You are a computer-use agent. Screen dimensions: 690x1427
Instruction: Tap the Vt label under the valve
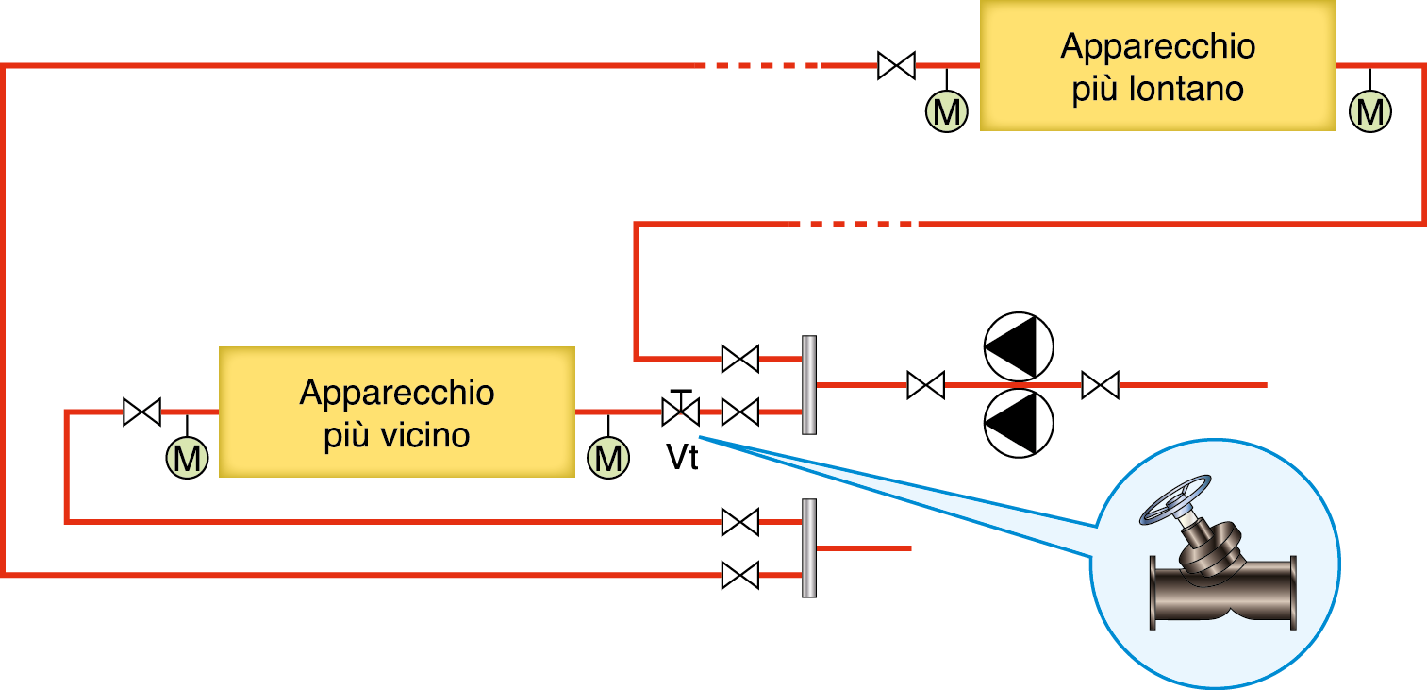[x=682, y=458]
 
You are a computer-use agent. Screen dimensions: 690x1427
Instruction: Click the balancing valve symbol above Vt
[x=679, y=411]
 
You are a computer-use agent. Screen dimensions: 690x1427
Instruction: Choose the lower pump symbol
[x=1018, y=422]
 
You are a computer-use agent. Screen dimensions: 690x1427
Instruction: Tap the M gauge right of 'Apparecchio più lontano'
[x=1370, y=110]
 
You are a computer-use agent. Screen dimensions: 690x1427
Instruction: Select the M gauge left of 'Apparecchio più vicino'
[x=187, y=458]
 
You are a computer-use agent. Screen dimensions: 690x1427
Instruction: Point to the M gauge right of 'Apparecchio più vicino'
[x=608, y=458]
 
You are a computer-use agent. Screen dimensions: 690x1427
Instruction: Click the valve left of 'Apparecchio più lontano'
[x=895, y=65]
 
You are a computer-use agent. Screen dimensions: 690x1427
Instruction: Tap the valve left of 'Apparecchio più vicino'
[x=141, y=412]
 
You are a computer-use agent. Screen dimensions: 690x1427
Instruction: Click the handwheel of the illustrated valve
[x=1172, y=498]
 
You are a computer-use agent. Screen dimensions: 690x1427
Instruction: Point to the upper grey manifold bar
[x=808, y=385]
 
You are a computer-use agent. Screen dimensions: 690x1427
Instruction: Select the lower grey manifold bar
[x=808, y=547]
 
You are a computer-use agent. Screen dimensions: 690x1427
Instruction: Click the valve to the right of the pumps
[x=1100, y=385]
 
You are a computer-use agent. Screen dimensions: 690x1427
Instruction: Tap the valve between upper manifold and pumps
[x=925, y=385]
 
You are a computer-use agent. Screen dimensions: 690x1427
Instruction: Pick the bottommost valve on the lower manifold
[x=739, y=574]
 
